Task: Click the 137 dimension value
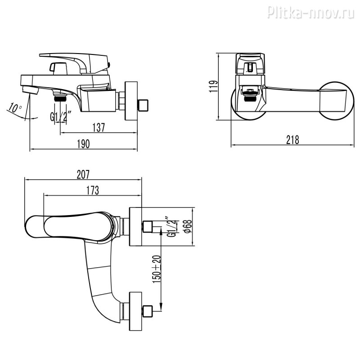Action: click(99, 127)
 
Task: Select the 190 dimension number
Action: click(83, 144)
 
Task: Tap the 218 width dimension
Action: click(293, 139)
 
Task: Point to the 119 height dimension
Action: click(213, 86)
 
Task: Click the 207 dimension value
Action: click(83, 175)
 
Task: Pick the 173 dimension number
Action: click(93, 190)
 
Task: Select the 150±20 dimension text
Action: click(157, 269)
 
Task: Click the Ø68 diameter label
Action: click(188, 226)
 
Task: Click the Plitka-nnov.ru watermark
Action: click(311, 12)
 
